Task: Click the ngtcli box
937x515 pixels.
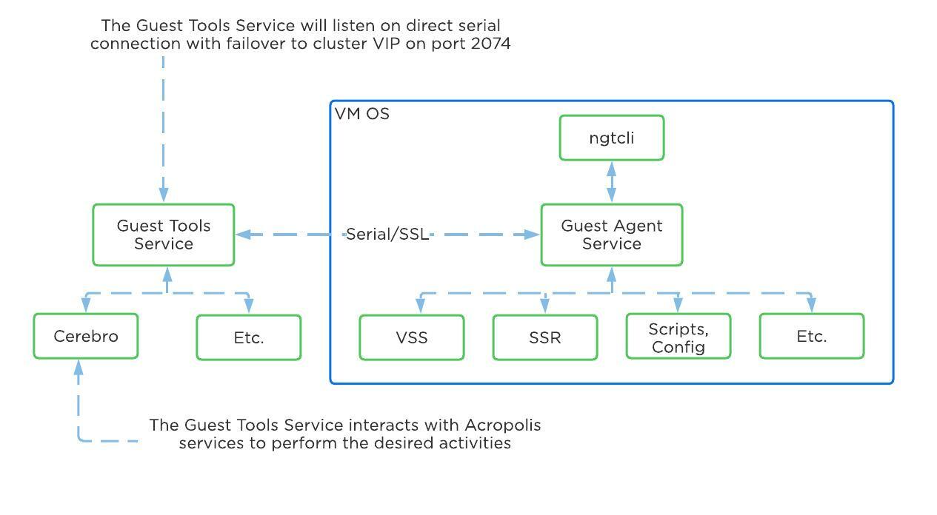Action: click(611, 138)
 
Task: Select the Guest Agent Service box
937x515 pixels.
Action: click(611, 235)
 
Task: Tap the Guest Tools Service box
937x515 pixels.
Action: click(163, 235)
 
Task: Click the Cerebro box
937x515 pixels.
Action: click(85, 337)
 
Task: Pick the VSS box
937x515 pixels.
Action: click(411, 337)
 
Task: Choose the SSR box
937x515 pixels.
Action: click(544, 337)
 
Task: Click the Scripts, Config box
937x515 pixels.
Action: click(678, 337)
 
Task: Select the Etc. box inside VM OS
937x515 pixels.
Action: click(811, 337)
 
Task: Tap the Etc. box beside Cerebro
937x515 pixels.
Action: click(248, 337)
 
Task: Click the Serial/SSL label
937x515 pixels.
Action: click(387, 235)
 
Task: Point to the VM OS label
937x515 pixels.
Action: click(361, 114)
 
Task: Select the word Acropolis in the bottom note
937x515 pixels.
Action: click(502, 425)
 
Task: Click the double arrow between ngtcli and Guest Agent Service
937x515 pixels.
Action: click(611, 182)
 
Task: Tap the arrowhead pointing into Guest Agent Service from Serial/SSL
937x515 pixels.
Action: click(533, 235)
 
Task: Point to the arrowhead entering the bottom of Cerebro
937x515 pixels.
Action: click(79, 367)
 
